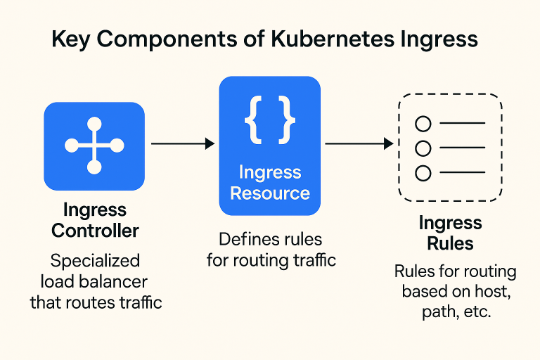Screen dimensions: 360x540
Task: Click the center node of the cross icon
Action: [x=94, y=146]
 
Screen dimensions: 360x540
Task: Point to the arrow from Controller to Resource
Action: [x=183, y=143]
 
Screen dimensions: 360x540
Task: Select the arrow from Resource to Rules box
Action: [x=359, y=143]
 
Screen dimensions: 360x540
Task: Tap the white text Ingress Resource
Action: [x=270, y=183]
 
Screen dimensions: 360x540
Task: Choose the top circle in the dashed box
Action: [x=423, y=124]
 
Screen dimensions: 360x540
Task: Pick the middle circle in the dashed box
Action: [x=423, y=148]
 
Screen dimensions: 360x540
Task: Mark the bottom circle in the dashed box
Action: [x=423, y=172]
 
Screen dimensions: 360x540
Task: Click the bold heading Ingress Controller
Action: [x=95, y=220]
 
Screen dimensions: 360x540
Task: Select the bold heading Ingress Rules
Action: [x=450, y=233]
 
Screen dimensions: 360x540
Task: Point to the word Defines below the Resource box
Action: [x=246, y=239]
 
